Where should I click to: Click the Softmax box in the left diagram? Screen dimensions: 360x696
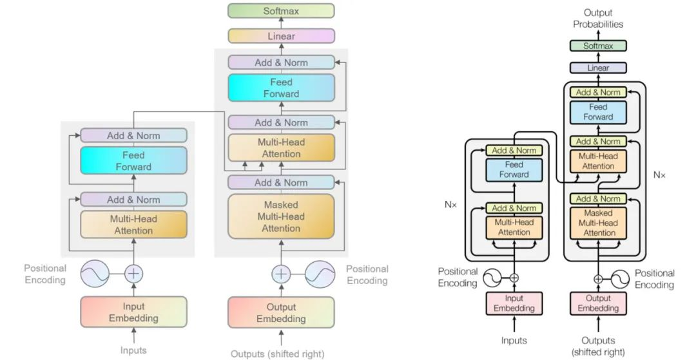click(x=281, y=11)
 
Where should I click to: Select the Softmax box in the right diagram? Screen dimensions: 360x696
click(x=598, y=46)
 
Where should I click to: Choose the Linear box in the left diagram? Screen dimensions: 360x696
click(x=281, y=36)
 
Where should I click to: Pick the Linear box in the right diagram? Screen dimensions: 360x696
click(x=598, y=68)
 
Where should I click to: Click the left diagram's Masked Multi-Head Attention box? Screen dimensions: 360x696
click(x=281, y=216)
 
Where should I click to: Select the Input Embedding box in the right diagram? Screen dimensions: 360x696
click(x=514, y=303)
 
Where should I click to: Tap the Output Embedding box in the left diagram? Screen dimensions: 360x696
click(x=281, y=313)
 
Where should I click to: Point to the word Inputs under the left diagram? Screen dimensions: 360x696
click(x=133, y=350)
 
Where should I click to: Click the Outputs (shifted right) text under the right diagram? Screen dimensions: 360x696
click(x=598, y=346)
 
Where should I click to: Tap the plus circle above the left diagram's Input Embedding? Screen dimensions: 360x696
click(x=133, y=273)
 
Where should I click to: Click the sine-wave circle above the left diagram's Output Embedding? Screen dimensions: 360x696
click(x=320, y=273)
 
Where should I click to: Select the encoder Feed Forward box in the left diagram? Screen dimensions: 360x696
click(x=133, y=160)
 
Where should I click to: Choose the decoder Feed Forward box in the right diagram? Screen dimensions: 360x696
click(x=598, y=112)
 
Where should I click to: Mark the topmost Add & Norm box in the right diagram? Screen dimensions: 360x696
click(x=598, y=92)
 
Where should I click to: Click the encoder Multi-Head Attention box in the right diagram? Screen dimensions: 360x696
click(x=514, y=227)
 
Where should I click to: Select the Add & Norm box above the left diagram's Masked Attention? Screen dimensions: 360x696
click(x=281, y=182)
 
